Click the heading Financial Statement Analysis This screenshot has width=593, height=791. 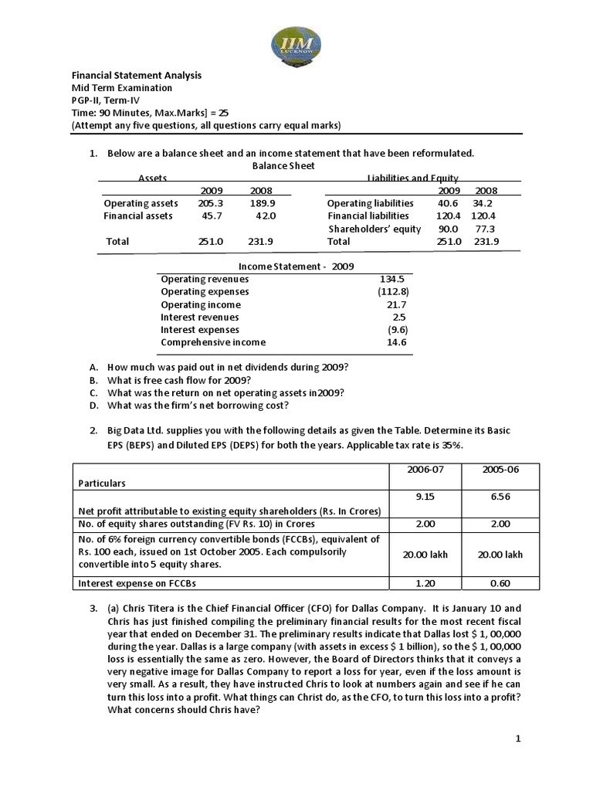(x=137, y=75)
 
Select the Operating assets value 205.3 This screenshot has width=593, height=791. (x=210, y=203)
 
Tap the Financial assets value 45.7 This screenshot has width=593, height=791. (x=212, y=216)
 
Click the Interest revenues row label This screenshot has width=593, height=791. (x=200, y=317)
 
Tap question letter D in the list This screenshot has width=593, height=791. (x=93, y=406)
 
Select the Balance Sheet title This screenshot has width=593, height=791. (x=283, y=165)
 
